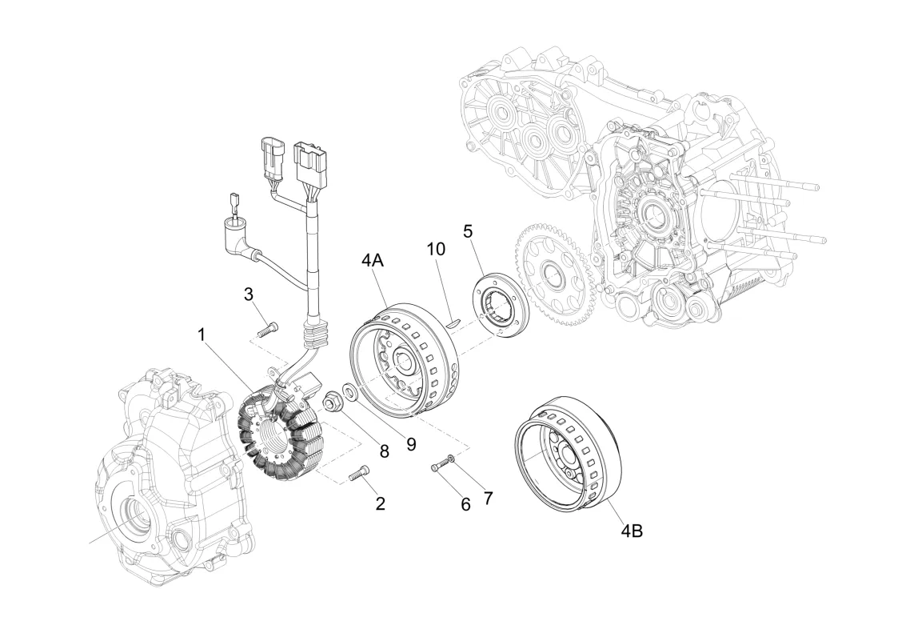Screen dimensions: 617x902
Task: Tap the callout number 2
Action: (380, 503)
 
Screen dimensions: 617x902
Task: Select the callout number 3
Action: (249, 294)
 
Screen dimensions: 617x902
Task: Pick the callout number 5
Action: (468, 231)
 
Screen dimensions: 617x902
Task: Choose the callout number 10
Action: (435, 250)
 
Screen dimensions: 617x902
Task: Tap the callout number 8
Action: (384, 451)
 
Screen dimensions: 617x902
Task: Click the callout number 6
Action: (465, 503)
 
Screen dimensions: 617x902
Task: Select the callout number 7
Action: (487, 497)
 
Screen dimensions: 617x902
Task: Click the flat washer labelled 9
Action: (349, 393)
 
